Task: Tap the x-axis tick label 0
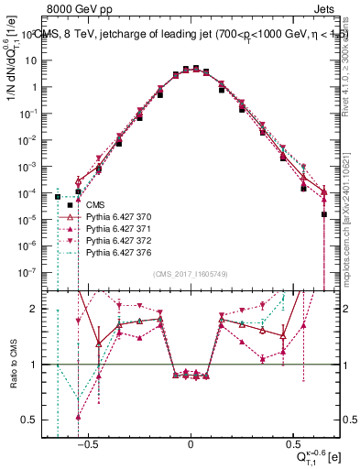pyautogui.click(x=191, y=442)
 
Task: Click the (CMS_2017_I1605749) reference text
pyautogui.click(x=191, y=274)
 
